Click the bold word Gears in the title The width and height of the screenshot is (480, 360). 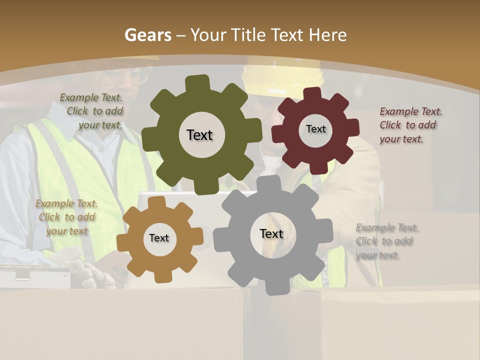(147, 35)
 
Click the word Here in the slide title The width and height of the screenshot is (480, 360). (327, 35)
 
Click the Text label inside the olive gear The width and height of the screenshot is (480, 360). (199, 135)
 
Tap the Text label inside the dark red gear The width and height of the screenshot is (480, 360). (315, 129)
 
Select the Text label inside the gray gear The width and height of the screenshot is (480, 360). (271, 233)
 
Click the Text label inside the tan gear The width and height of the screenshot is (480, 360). (159, 238)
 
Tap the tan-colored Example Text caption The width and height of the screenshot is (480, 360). (66, 217)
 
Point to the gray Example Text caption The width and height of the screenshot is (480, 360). (386, 241)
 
